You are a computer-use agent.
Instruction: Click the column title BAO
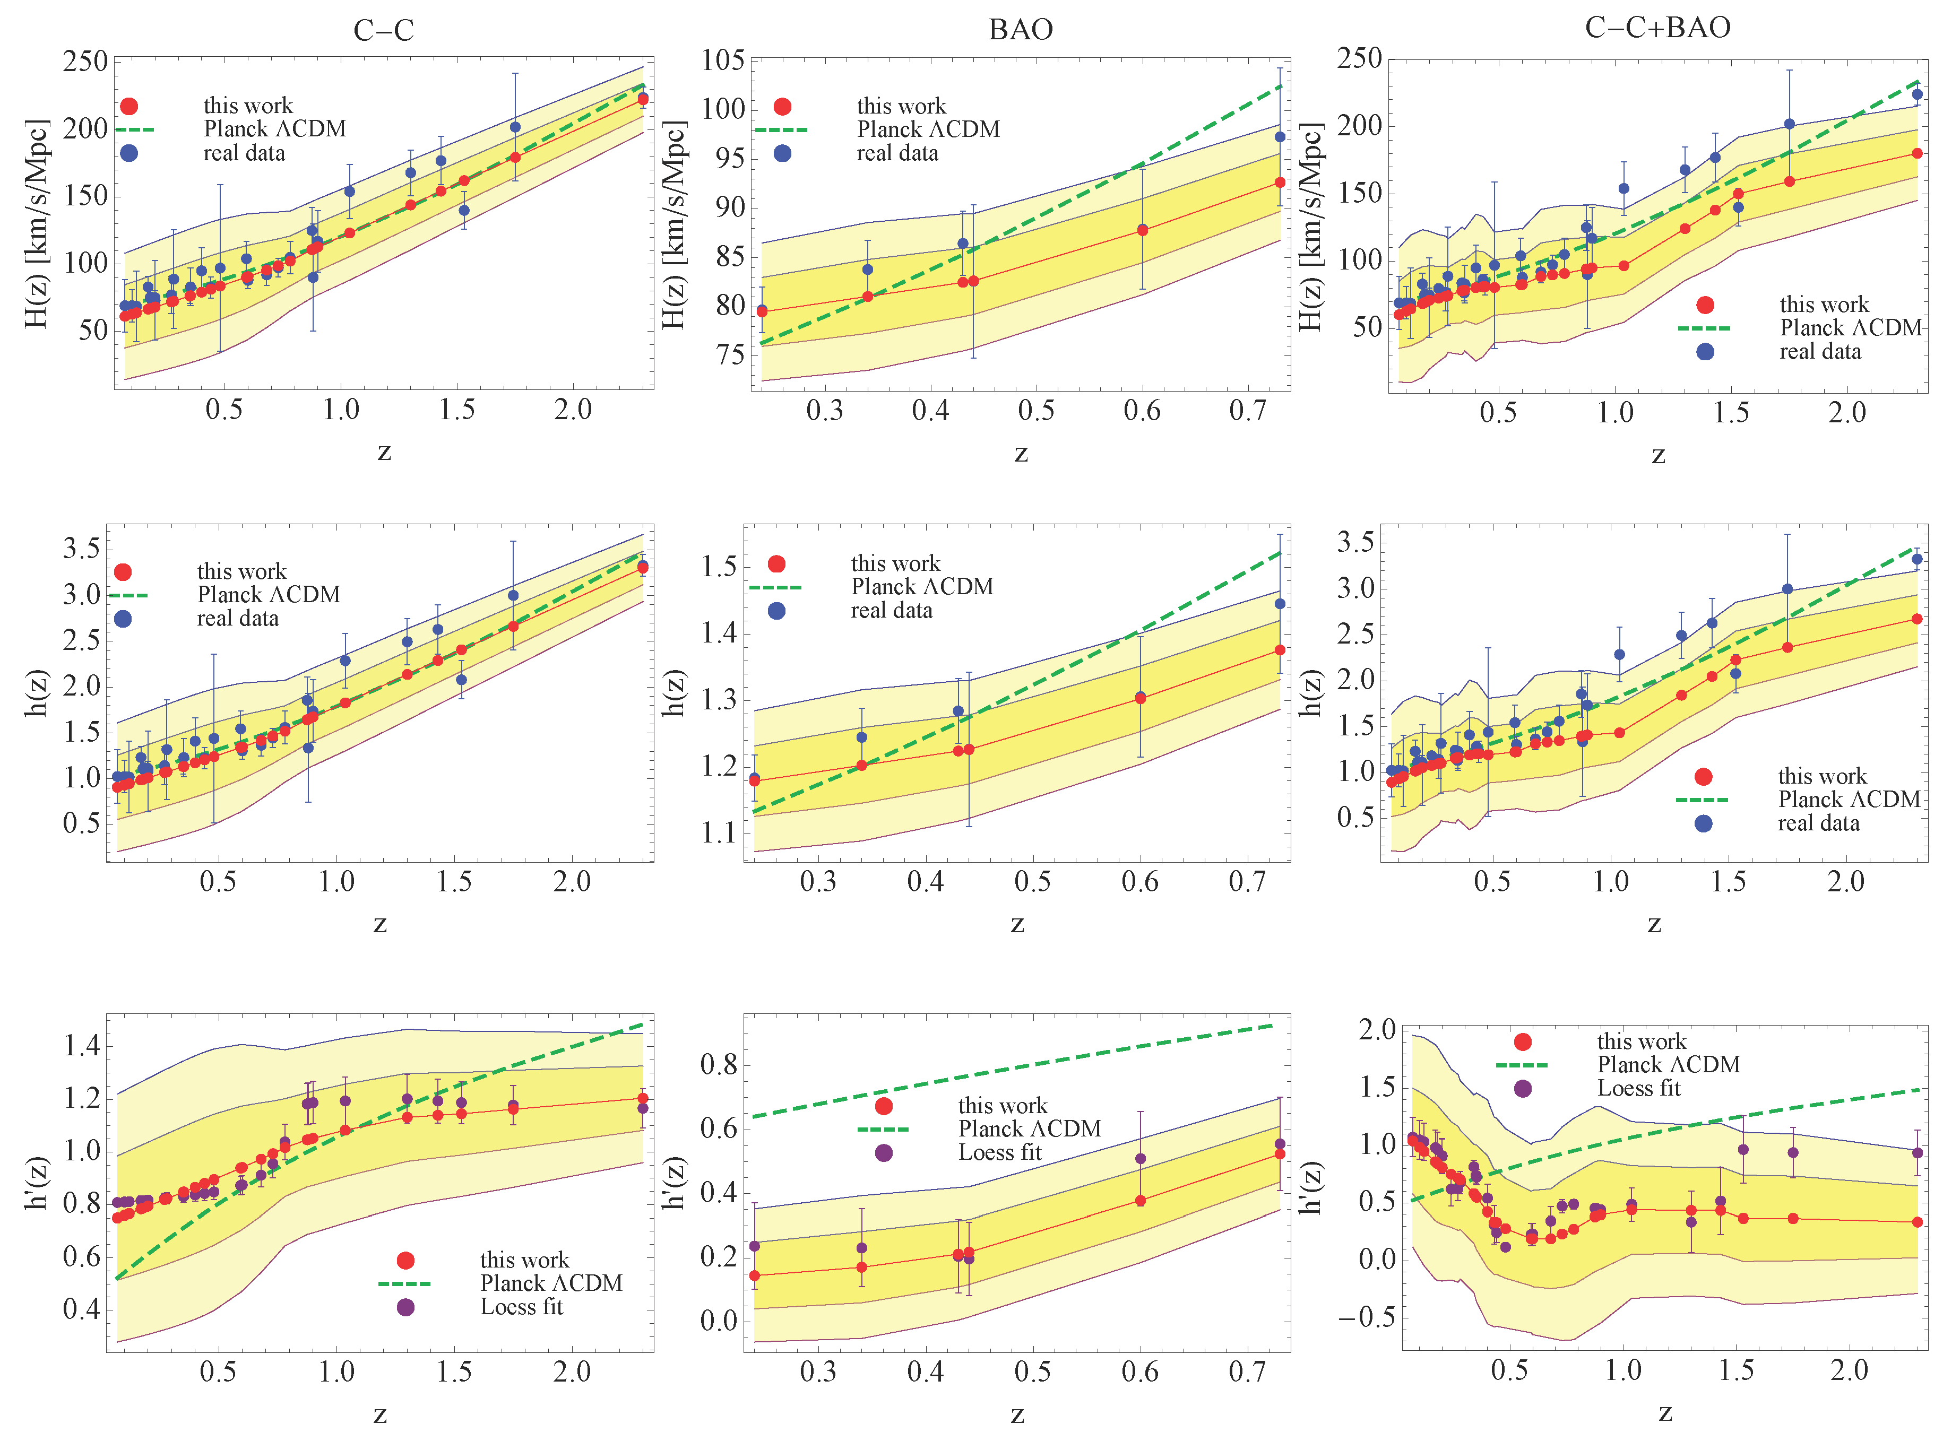1020,30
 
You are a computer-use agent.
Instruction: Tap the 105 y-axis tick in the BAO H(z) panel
723,60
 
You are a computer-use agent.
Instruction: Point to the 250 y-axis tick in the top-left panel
85,62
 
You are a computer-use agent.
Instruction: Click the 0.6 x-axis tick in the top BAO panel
1142,410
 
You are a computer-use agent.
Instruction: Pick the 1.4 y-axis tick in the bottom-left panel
82,1045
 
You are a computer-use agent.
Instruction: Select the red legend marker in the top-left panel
129,106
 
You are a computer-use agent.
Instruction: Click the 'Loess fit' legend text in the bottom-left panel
522,1307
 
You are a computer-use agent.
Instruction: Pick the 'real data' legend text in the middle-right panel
1818,823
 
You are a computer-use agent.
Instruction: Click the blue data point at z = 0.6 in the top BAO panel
1142,229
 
